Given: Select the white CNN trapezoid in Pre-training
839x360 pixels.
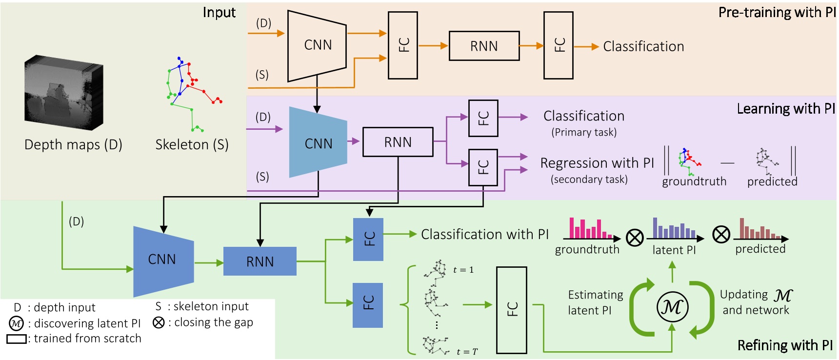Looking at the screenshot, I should [x=317, y=45].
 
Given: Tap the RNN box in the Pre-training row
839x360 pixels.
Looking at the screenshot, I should [x=484, y=46].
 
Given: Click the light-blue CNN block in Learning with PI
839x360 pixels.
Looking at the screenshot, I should [x=318, y=143].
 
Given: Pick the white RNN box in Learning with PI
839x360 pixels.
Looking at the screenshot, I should [x=398, y=142].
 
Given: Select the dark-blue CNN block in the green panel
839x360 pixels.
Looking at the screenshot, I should [x=163, y=260].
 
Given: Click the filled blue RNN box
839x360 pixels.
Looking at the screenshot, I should [x=260, y=261].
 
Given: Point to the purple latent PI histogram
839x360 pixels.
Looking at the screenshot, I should [x=674, y=229].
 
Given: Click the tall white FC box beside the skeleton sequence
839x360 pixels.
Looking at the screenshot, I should [x=511, y=309].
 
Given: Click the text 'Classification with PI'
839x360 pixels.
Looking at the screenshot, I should [x=484, y=235].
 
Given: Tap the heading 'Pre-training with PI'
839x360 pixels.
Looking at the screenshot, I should [x=777, y=12].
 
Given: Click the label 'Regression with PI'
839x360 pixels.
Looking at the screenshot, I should [x=597, y=163].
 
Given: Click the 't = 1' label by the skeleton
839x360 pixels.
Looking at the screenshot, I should [x=463, y=270].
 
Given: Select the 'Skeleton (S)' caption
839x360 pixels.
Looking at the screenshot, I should [x=192, y=145].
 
